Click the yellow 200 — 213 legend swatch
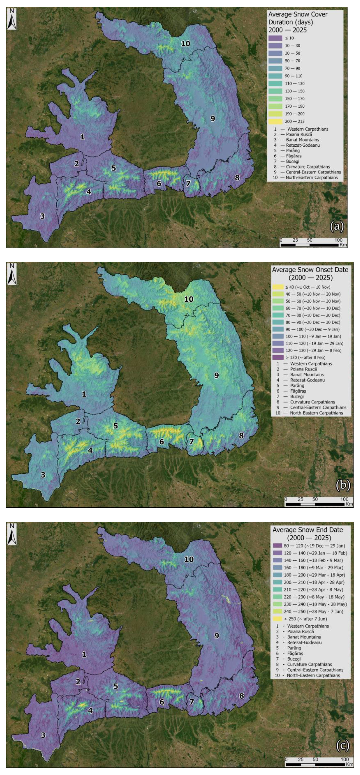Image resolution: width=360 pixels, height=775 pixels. tap(275, 121)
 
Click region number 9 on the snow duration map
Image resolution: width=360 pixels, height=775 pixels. tap(213, 119)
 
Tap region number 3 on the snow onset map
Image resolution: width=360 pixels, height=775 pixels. tap(43, 475)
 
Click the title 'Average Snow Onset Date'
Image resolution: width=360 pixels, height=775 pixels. tap(310, 270)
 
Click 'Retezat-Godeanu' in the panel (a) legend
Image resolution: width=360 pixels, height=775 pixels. tap(303, 145)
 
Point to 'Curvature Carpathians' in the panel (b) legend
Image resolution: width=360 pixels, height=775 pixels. tap(312, 402)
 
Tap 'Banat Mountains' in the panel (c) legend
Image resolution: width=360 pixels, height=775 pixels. tap(304, 637)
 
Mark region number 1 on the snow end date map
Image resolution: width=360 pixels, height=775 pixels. tap(84, 654)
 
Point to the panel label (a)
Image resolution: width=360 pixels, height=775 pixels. tap(337, 226)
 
